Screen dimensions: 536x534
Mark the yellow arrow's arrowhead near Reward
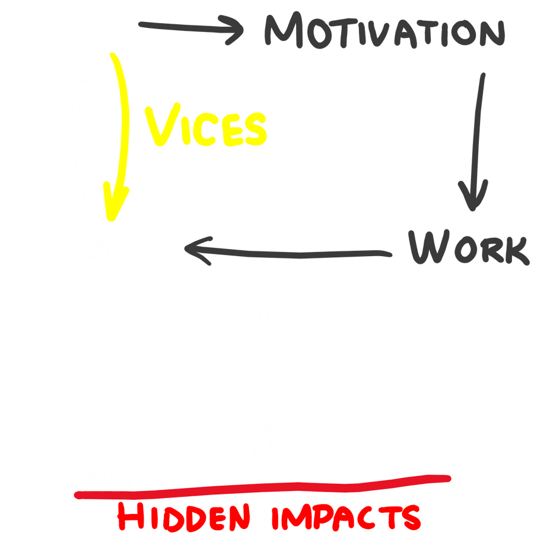click(116, 202)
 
